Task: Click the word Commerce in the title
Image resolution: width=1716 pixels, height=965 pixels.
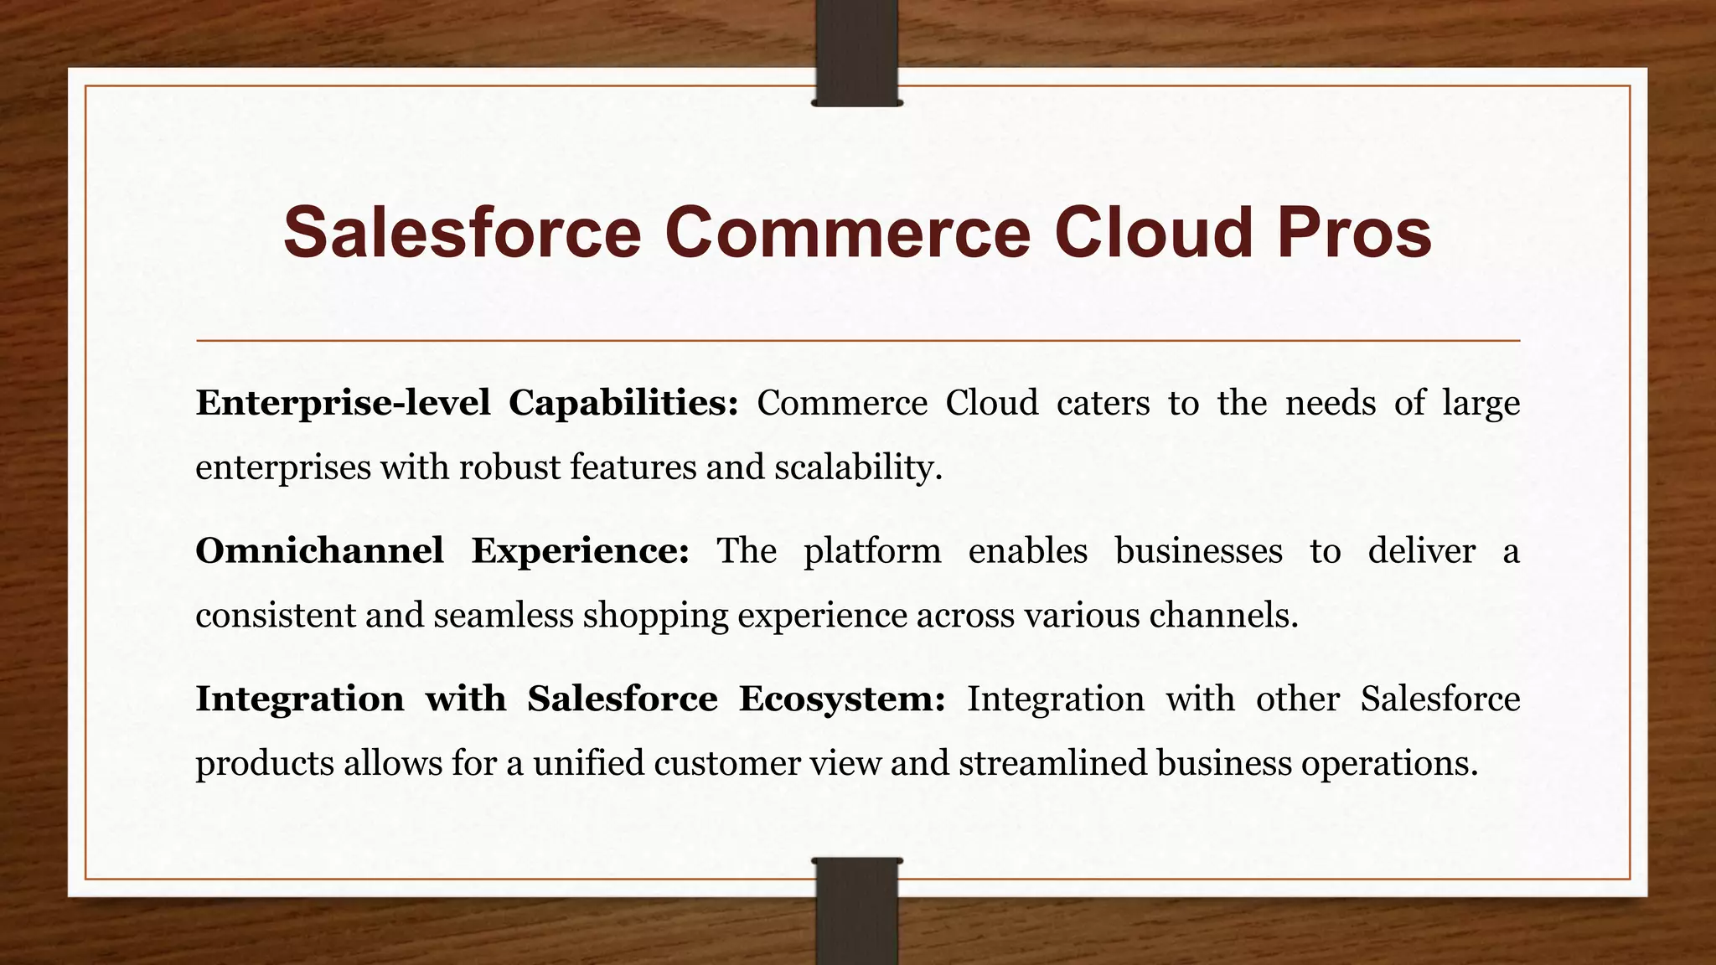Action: (x=847, y=233)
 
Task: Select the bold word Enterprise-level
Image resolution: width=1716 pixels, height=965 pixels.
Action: (x=343, y=404)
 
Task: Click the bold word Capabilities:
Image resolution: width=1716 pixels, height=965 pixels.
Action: (x=623, y=404)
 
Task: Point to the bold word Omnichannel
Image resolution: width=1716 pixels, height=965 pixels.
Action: (x=319, y=551)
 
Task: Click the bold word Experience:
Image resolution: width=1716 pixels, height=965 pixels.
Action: (x=580, y=551)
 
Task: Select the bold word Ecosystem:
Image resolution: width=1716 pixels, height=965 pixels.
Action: (x=842, y=699)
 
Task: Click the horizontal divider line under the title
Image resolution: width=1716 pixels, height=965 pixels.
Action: (x=857, y=341)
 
